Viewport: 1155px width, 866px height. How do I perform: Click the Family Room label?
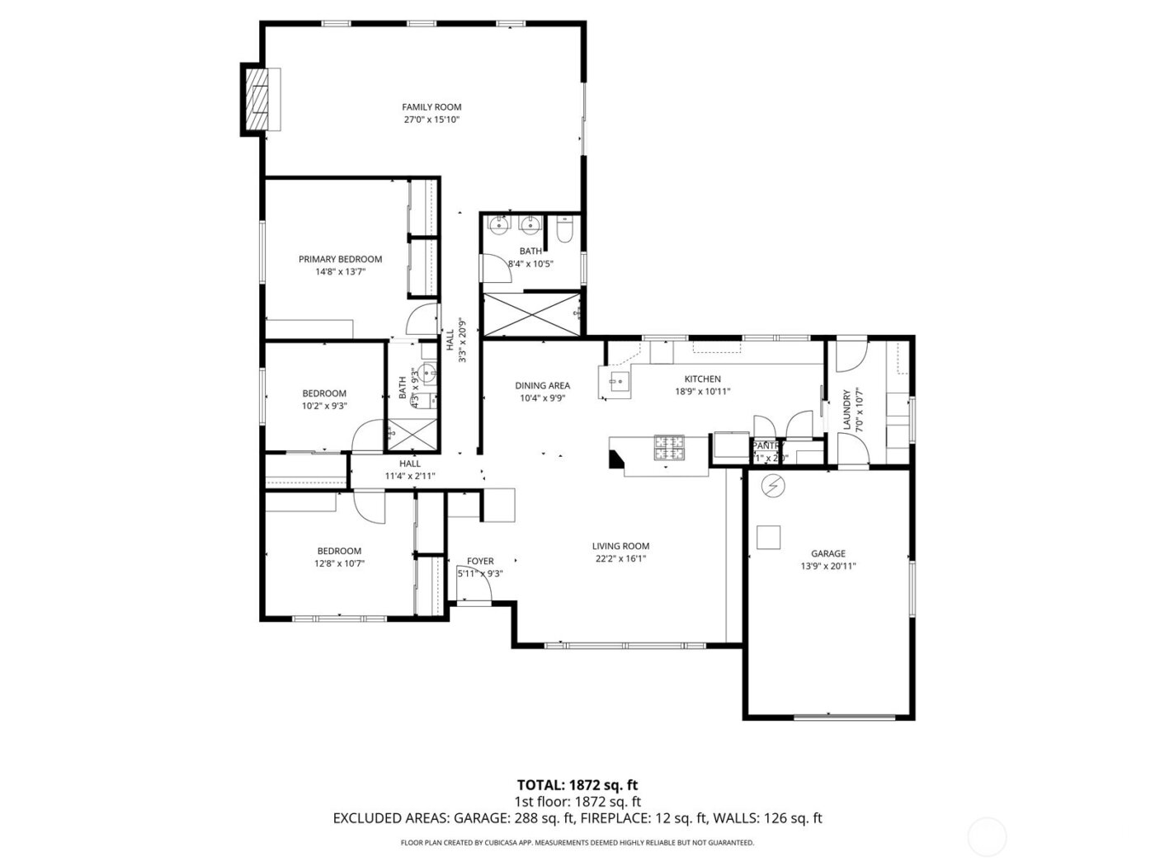pyautogui.click(x=431, y=107)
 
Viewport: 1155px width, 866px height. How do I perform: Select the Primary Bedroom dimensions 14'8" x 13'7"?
pyautogui.click(x=340, y=271)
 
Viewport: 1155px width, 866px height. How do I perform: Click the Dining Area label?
pyautogui.click(x=542, y=385)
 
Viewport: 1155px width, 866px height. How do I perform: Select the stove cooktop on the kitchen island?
pyautogui.click(x=669, y=447)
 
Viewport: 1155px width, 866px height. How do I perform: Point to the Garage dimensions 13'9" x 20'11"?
pyautogui.click(x=827, y=567)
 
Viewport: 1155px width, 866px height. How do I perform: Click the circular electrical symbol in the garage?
pyautogui.click(x=773, y=487)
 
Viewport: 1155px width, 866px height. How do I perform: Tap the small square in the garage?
pyautogui.click(x=770, y=537)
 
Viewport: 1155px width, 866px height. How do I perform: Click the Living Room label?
pyautogui.click(x=620, y=546)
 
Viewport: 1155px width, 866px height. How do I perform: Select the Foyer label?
pyautogui.click(x=480, y=562)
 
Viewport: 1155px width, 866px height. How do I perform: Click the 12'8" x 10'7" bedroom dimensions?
pyautogui.click(x=339, y=564)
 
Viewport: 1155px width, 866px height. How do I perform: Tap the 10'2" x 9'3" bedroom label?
pyautogui.click(x=324, y=393)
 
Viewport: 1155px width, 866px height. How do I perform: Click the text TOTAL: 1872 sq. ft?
pyautogui.click(x=577, y=784)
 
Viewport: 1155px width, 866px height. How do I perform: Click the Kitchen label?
pyautogui.click(x=702, y=379)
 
